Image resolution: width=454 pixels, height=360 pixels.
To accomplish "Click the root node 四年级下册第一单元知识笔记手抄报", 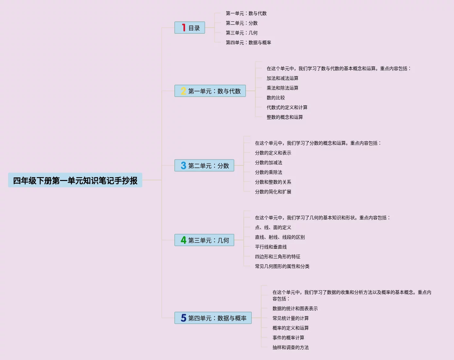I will tap(75, 180).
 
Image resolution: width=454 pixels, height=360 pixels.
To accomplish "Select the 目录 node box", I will tap(190, 28).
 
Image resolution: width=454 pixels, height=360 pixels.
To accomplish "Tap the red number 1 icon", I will tap(183, 28).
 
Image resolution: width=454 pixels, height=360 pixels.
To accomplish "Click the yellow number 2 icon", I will tap(183, 91).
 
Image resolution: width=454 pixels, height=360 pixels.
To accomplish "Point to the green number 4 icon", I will tap(183, 240).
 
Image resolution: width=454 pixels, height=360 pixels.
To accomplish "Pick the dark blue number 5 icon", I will tap(183, 318).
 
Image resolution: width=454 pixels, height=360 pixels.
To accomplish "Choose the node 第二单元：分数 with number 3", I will tap(204, 166).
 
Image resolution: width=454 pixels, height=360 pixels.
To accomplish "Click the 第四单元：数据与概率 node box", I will tap(213, 318).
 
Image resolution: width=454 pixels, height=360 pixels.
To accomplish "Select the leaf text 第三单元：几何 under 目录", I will tap(242, 33).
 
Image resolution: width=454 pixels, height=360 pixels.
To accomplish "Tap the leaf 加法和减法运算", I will tap(283, 78).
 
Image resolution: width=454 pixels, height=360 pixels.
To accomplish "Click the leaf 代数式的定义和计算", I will tap(287, 107).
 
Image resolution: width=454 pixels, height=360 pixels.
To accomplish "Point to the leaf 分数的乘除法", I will tap(269, 172).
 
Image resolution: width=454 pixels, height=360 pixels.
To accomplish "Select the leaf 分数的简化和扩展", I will tap(273, 192).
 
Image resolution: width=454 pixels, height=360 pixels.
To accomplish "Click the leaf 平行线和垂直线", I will tap(271, 247).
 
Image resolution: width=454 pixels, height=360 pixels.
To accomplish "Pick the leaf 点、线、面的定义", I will tap(273, 227).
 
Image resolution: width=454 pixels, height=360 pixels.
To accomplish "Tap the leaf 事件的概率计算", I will tap(288, 338).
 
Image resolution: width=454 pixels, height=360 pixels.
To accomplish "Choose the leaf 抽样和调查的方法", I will tap(291, 347).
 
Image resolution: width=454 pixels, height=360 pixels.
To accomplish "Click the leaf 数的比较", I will tap(276, 98).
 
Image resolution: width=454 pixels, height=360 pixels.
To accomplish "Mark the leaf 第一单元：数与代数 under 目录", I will tap(246, 13).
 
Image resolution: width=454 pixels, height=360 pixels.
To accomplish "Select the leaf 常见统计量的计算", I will tap(291, 318).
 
